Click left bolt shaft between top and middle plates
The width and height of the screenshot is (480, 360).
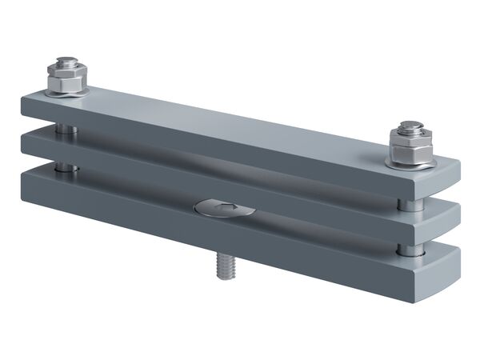pos(67,128)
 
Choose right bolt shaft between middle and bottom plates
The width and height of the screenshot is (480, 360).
pos(410,250)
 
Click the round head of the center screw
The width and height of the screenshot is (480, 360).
pos(225,209)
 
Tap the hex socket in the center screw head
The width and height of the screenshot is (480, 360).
pos(226,208)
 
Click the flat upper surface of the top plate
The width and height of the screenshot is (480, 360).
pos(240,124)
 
